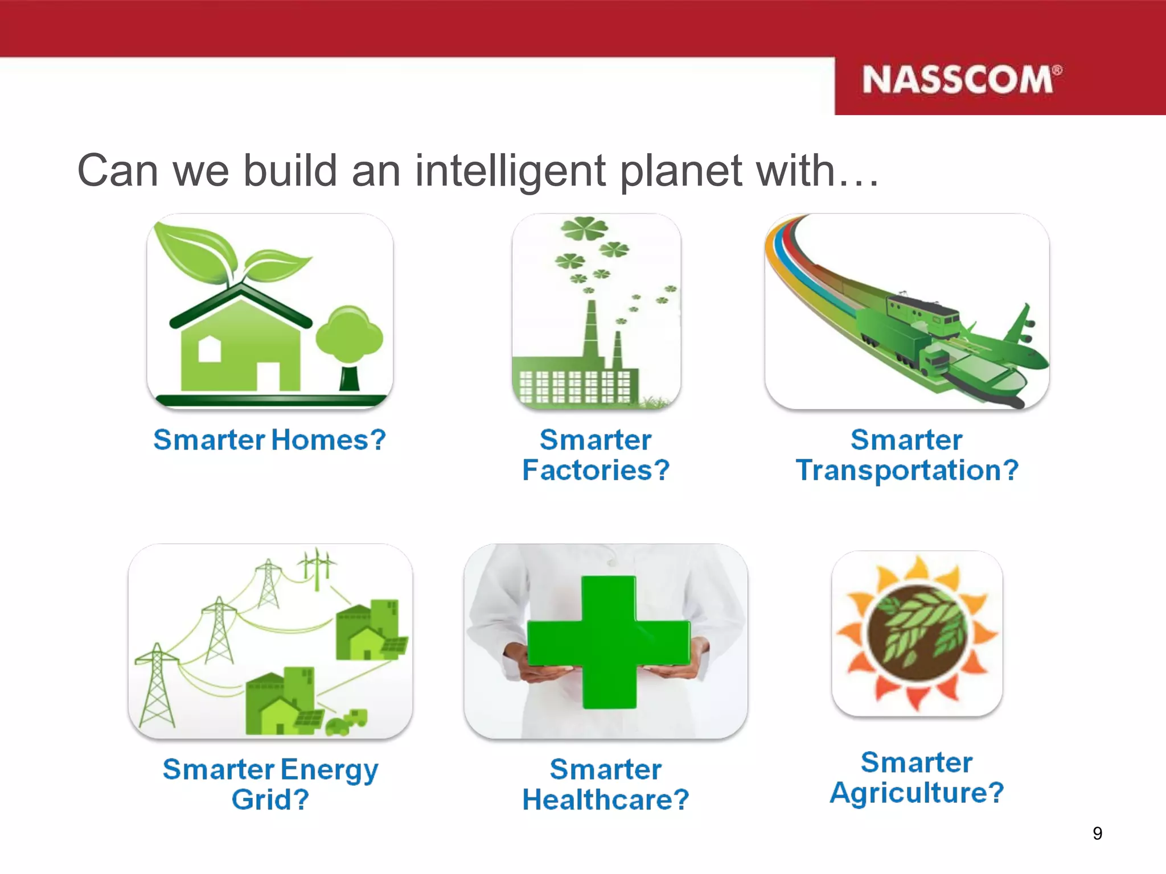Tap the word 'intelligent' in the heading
pos(510,171)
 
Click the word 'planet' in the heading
pos(680,171)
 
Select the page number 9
pos(1097,834)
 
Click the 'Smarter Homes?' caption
pos(269,440)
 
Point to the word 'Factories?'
pos(596,471)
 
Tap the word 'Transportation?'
pos(906,471)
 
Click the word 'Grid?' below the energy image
pos(270,799)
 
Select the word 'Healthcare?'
pos(605,799)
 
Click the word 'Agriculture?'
pos(916,793)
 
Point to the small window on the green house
pos(209,349)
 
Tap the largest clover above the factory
pos(584,229)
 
